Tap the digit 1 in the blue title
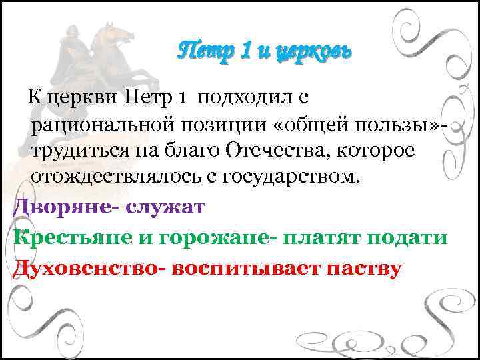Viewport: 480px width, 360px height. pos(243,51)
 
